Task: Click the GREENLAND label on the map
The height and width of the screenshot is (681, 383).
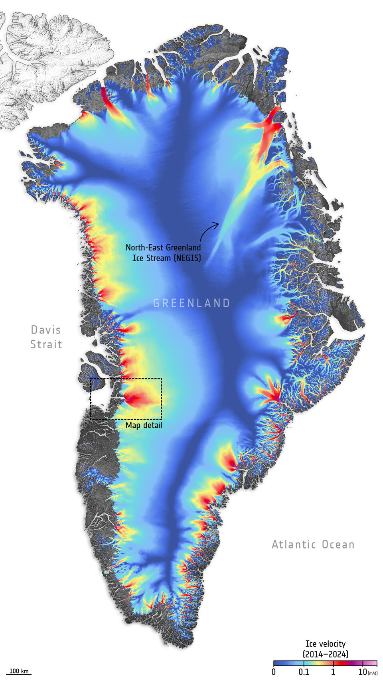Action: coord(191,303)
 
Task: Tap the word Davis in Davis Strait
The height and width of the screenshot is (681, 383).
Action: coord(46,330)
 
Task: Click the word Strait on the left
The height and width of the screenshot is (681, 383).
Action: coord(46,344)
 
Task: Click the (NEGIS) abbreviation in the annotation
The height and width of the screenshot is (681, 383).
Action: coord(187,258)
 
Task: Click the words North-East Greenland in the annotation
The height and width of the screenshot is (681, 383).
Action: coord(163,247)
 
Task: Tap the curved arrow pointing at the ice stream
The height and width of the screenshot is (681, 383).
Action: coord(208,231)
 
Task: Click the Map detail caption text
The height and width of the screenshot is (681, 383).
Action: coord(144,425)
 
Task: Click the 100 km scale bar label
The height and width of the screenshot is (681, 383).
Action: coord(19,671)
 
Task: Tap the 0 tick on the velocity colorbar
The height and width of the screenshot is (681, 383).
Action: coord(274,672)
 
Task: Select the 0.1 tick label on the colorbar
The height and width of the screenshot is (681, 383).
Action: coord(304,672)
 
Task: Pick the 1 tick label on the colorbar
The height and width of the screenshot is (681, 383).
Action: coord(333,672)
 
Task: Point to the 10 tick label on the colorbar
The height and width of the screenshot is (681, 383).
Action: coord(362,672)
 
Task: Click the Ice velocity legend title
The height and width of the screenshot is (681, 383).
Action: coord(325,643)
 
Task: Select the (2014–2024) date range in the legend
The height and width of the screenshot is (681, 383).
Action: coord(325,654)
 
